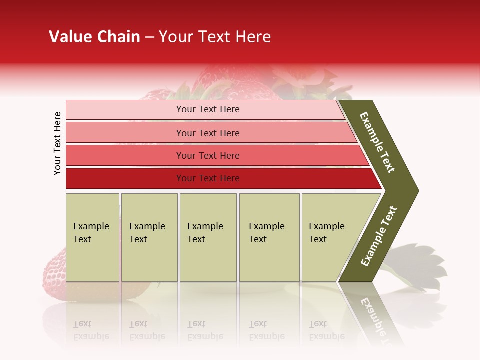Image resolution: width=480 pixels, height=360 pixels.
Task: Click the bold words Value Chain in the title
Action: pos(94,37)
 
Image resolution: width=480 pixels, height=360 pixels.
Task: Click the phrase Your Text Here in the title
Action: pos(215,37)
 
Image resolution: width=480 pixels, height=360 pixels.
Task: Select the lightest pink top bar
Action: pos(125,109)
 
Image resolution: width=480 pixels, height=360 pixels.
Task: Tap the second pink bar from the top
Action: pos(125,133)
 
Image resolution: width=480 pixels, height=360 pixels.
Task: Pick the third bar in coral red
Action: pos(125,155)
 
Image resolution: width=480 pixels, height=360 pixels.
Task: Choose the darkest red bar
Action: pos(125,178)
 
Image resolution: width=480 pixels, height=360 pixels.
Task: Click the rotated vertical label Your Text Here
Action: pos(58,143)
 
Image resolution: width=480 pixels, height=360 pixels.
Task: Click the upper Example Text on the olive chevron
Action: pos(377,142)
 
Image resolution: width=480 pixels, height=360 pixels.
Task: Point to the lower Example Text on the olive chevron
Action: pos(379,236)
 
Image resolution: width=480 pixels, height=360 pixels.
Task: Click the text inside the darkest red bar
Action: pos(208,178)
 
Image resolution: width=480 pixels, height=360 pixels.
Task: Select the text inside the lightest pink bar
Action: pos(208,109)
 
